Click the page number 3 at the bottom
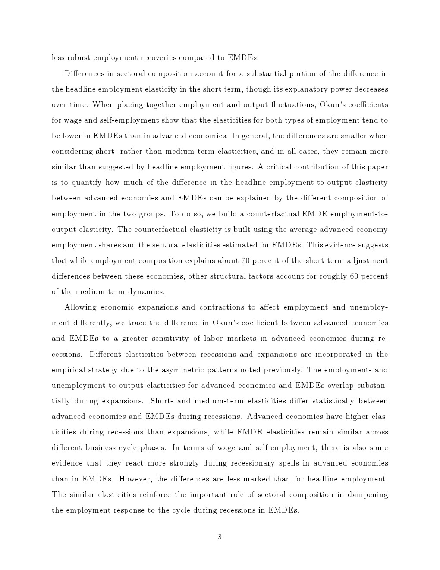click(220, 537)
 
